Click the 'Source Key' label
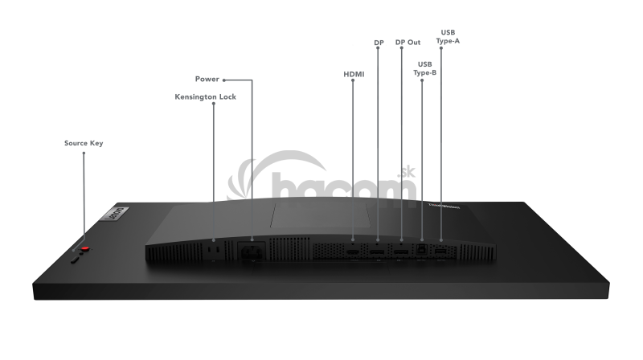coord(84,143)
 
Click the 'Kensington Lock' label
coord(205,96)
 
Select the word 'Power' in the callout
coord(207,80)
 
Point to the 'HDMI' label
coord(354,74)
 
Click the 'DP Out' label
coord(408,43)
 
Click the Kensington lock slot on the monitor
coord(214,251)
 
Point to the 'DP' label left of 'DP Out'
coord(379,43)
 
